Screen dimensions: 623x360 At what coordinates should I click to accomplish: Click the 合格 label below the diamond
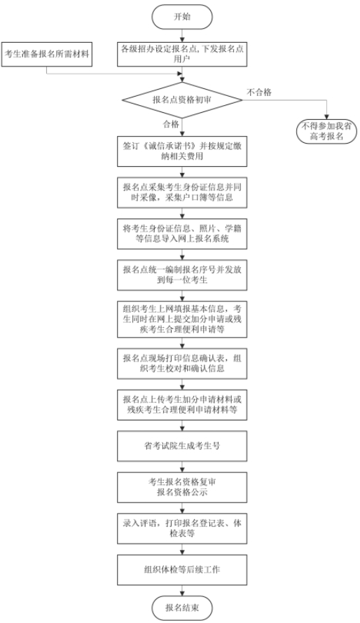click(171, 125)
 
